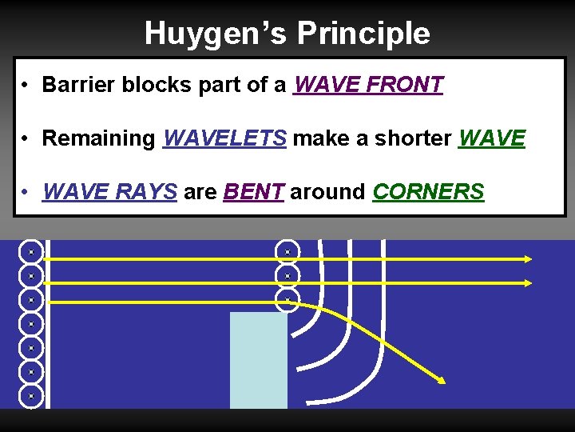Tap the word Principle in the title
(363, 34)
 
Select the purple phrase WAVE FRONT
(368, 85)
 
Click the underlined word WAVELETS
(224, 138)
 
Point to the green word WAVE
(492, 138)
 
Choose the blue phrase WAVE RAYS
(109, 192)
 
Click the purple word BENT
(254, 192)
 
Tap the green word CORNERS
(428, 192)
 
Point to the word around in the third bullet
(328, 192)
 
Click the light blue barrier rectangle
(258, 360)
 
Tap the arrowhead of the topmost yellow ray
(528, 258)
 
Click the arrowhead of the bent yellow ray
(440, 378)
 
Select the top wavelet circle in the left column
(30, 252)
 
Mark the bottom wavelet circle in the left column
(30, 396)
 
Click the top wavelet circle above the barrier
(287, 252)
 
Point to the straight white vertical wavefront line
(47, 324)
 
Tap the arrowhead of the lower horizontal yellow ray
(528, 282)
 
